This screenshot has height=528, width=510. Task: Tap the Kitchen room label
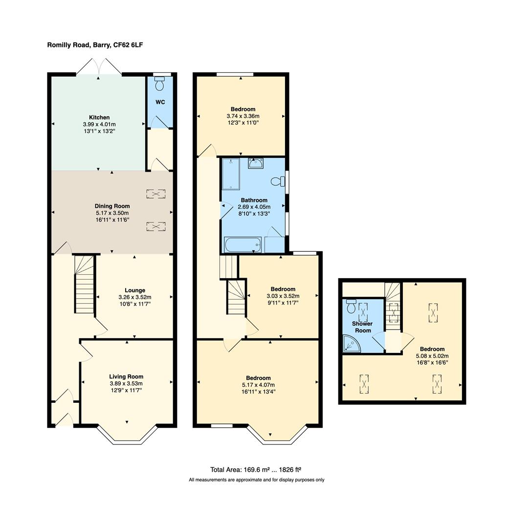(x=99, y=117)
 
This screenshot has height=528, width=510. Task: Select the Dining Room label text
(x=112, y=206)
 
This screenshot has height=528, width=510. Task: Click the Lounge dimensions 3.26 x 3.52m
(x=135, y=297)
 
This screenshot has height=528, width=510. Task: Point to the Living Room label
(x=126, y=376)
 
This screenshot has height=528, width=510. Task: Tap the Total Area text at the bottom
(x=259, y=469)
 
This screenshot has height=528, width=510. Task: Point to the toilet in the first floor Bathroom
(x=278, y=181)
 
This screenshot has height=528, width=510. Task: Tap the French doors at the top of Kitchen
(x=99, y=67)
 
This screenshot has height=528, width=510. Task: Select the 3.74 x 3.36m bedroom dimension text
(x=243, y=116)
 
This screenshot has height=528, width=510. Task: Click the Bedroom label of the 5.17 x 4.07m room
(x=258, y=378)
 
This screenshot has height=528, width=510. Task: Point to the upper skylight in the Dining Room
(x=155, y=194)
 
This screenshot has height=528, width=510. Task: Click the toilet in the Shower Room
(x=351, y=307)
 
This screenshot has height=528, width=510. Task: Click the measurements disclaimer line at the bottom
(x=256, y=480)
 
